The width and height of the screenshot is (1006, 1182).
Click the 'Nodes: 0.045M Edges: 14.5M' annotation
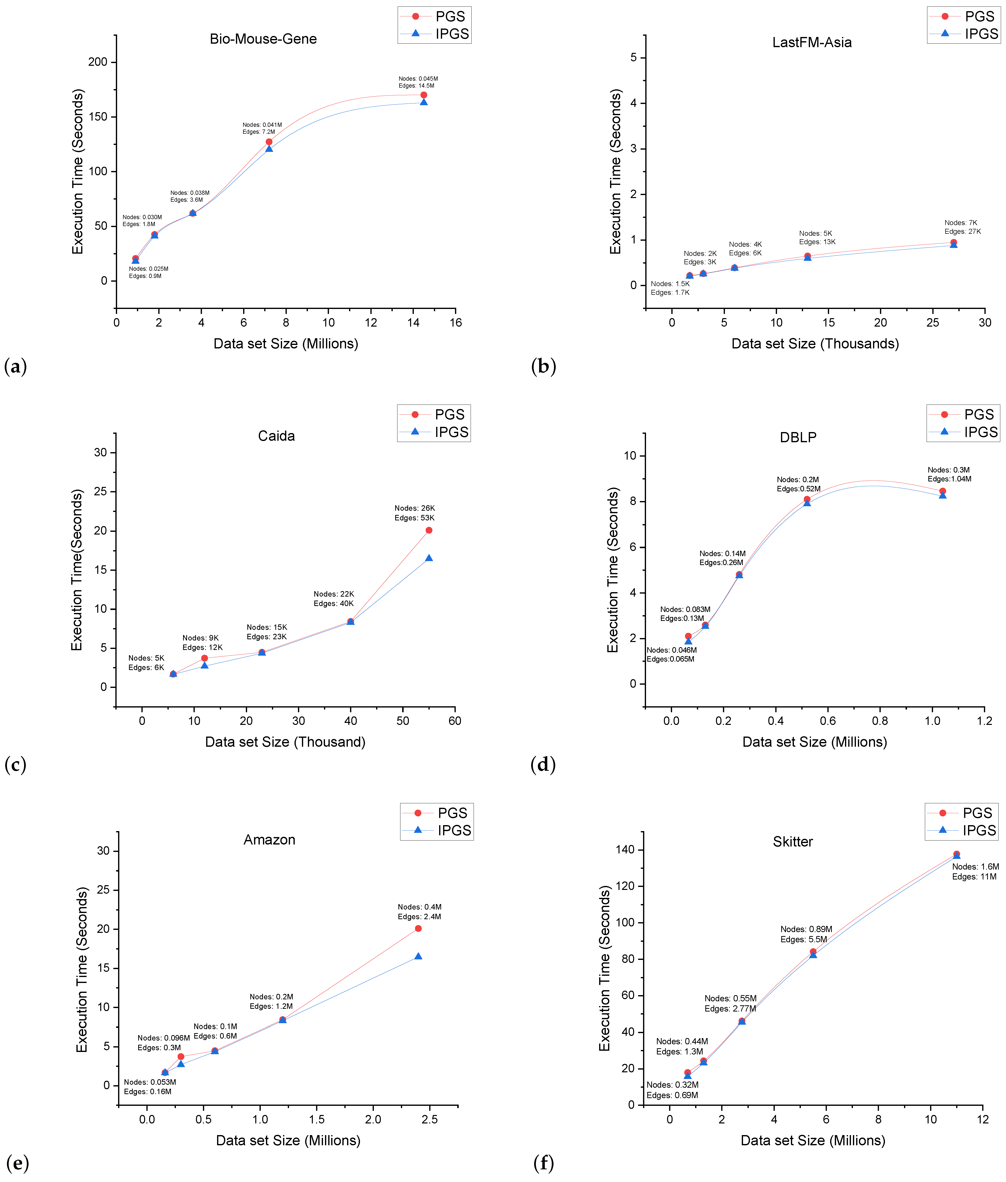[x=418, y=82]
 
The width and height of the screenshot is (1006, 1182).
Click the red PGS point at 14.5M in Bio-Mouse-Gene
[x=423, y=95]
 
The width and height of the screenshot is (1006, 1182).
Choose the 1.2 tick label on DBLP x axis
[x=984, y=721]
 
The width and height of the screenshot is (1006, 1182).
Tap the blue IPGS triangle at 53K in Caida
[x=429, y=558]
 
